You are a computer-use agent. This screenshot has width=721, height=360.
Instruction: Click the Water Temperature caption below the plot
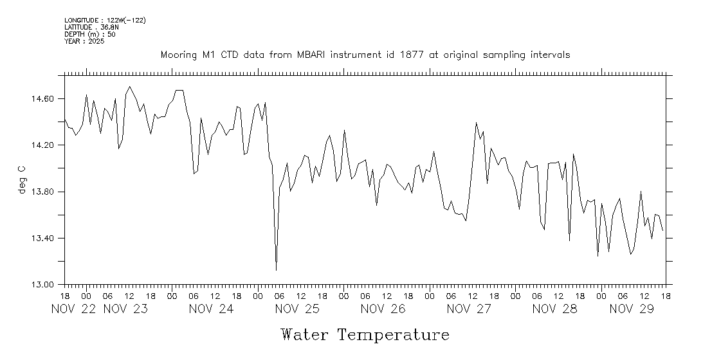(x=365, y=335)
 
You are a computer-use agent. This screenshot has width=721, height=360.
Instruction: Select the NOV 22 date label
(x=73, y=309)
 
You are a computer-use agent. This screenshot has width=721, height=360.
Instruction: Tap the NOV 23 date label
(x=125, y=309)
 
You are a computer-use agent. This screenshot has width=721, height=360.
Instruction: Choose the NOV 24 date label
(x=211, y=309)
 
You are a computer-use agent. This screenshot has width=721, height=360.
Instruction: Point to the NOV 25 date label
(x=297, y=309)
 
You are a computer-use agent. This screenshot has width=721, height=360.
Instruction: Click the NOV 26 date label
(x=383, y=309)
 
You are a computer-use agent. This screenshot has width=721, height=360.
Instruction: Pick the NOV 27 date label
(x=469, y=309)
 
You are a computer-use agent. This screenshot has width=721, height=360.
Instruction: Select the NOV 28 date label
(x=554, y=309)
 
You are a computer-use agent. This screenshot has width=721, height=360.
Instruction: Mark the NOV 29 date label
(x=632, y=309)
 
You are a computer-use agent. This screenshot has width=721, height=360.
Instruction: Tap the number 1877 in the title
(x=411, y=55)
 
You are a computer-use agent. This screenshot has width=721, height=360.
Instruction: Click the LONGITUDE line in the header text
(x=105, y=21)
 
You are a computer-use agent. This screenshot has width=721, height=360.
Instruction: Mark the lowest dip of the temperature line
(x=276, y=270)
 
